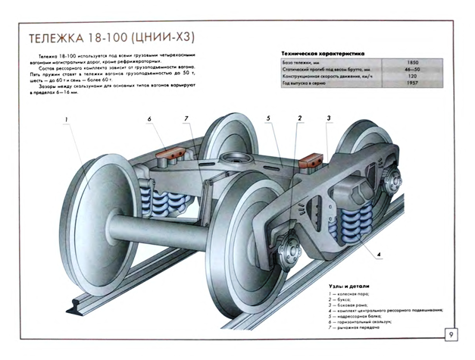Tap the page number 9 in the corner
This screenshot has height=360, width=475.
point(451,334)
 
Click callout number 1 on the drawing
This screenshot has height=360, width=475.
point(67,119)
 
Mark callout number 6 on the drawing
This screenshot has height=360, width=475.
point(149,119)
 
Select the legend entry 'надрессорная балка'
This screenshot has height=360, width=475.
point(361,315)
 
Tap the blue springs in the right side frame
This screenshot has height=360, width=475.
point(355,225)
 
